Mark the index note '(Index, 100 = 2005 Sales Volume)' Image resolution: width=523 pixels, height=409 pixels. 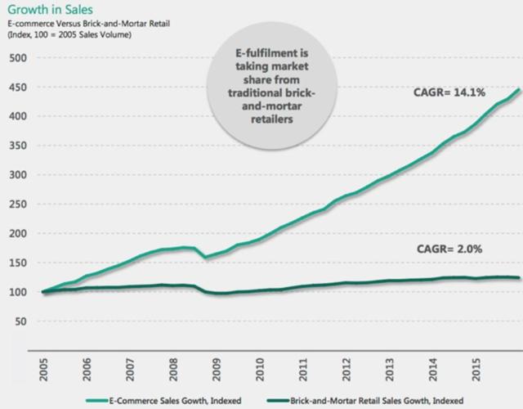pyautogui.click(x=69, y=34)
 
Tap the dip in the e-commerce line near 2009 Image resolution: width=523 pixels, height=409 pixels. pyautogui.click(x=207, y=258)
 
